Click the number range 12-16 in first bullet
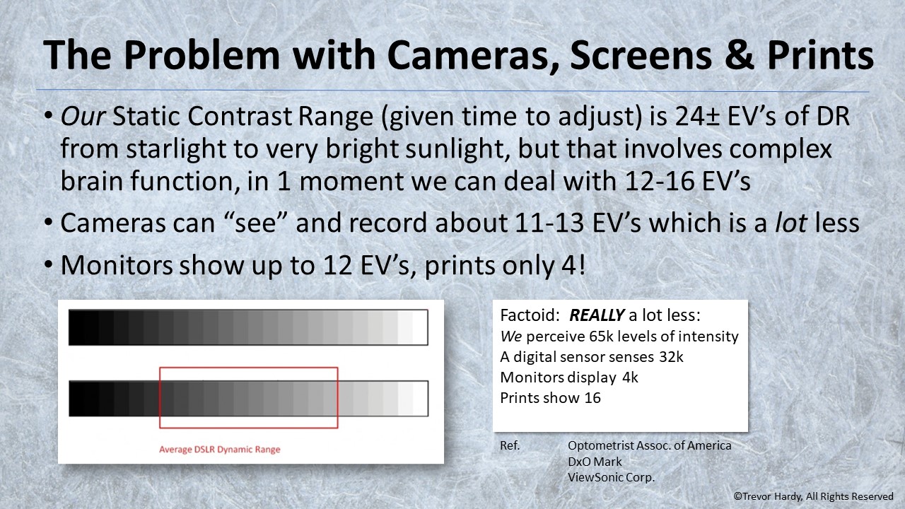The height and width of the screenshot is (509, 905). click(661, 182)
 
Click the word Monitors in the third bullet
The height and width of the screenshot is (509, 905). click(117, 265)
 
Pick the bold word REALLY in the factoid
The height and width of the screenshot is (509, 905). click(597, 315)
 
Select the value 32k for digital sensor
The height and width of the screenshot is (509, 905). click(671, 357)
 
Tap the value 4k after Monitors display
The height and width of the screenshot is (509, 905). click(630, 378)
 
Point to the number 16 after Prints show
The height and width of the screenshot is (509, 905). click(592, 398)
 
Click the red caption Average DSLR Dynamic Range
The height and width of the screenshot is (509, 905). click(220, 449)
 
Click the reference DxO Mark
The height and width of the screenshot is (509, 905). click(595, 462)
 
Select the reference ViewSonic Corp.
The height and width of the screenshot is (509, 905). click(612, 477)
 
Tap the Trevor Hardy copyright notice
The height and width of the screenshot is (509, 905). click(813, 497)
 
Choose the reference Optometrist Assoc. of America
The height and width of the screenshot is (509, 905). click(649, 445)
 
